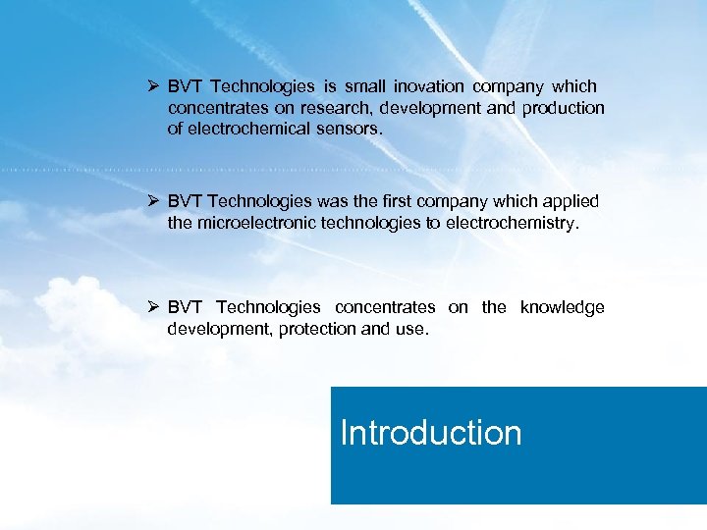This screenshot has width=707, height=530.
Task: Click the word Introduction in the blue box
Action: tap(430, 433)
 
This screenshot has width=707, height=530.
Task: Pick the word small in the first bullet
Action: tap(364, 87)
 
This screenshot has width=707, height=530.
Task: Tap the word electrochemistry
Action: tap(511, 223)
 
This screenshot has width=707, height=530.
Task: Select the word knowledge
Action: tap(562, 307)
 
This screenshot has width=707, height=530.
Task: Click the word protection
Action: tap(317, 329)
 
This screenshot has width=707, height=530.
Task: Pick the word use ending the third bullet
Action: tap(410, 329)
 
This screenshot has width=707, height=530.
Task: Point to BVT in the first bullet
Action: tap(184, 87)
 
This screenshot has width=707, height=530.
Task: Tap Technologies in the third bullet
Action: tap(268, 307)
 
